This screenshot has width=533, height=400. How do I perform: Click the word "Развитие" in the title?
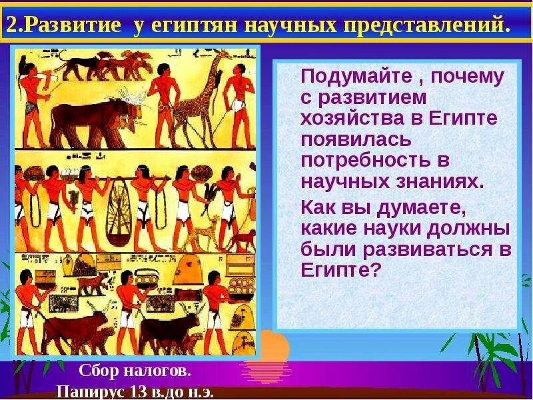pos(73,25)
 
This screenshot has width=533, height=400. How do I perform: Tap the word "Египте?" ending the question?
pos(340,269)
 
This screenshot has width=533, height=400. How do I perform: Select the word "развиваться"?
pos(426,250)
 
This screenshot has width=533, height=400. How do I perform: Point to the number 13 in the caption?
pos(139,391)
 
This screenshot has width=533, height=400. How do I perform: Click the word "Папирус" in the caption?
pos(91,391)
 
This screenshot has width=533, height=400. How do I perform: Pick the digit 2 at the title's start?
pos(12,25)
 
